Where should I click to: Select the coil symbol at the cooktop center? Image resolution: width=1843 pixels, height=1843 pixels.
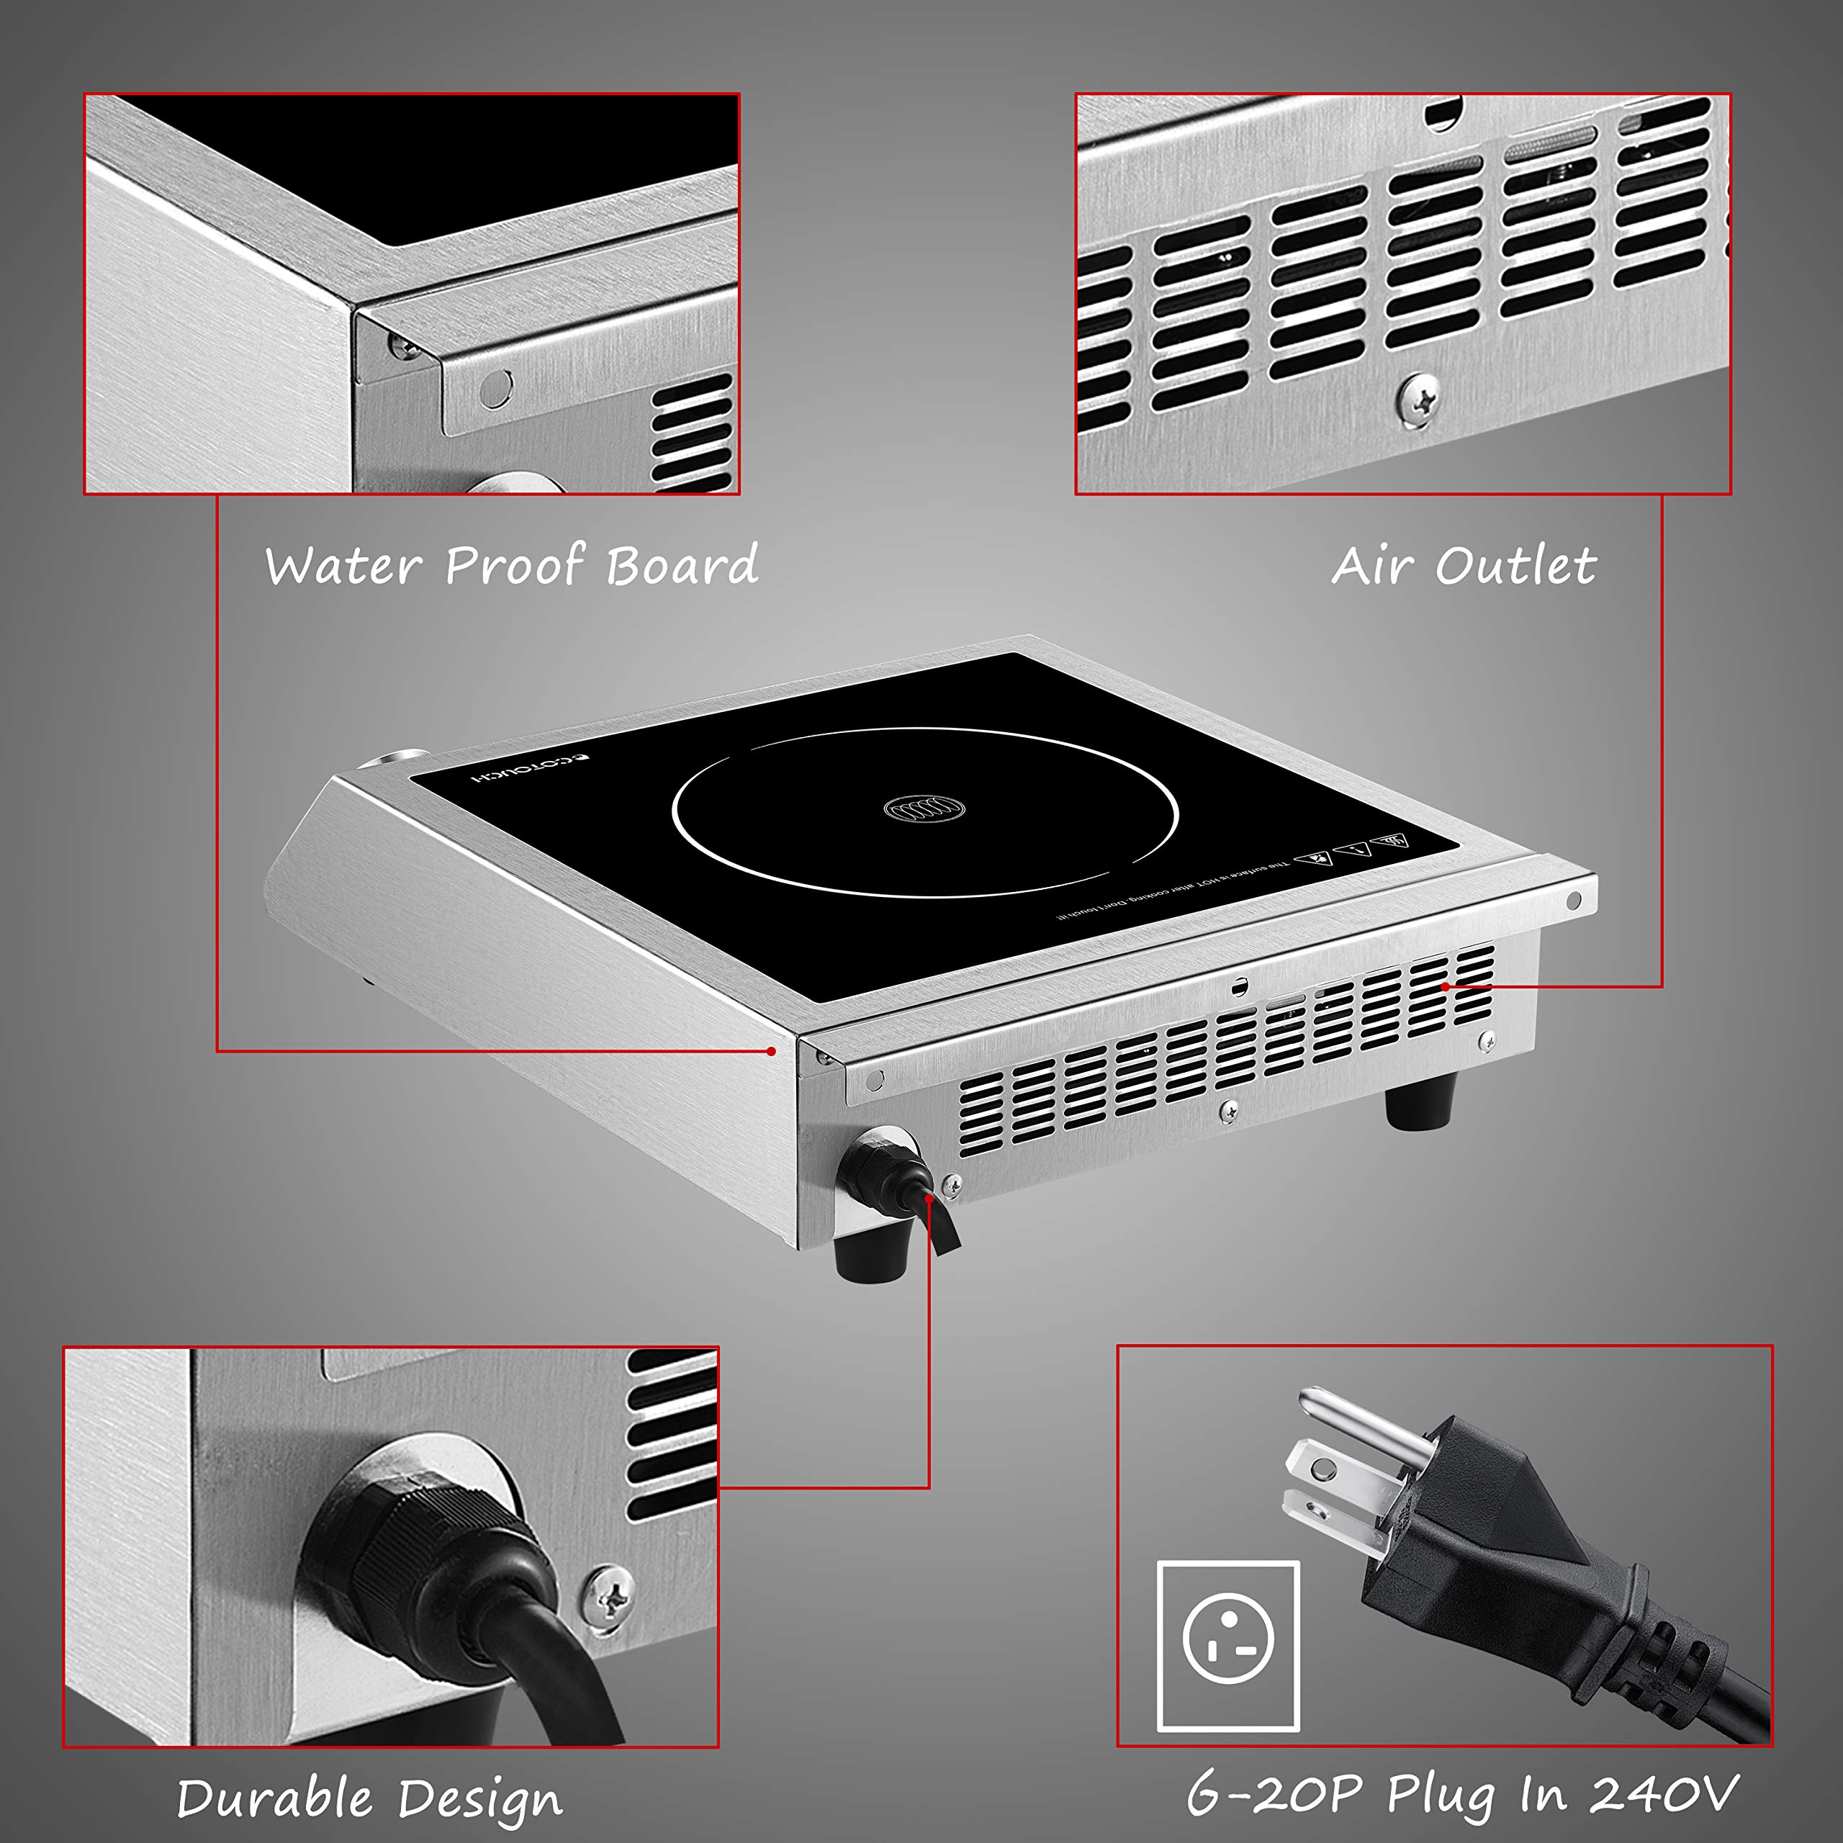pos(924,810)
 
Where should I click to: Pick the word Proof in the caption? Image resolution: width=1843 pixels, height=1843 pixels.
pos(514,566)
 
